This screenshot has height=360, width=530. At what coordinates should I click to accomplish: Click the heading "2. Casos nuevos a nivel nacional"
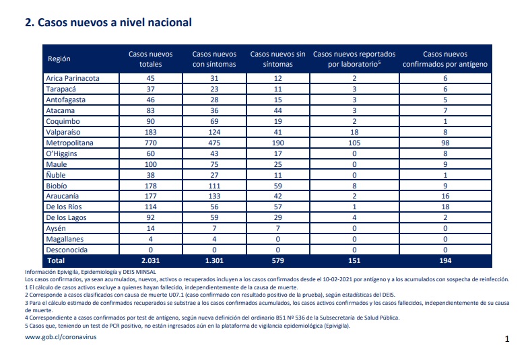click(108, 23)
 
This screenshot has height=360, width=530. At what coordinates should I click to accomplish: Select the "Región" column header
click(59, 59)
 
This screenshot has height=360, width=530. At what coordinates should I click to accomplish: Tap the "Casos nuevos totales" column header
click(150, 59)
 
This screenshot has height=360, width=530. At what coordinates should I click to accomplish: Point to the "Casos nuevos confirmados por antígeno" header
click(445, 59)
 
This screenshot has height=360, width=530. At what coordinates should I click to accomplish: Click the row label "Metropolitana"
click(69, 143)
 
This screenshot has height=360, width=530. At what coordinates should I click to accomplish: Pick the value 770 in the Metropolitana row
click(150, 143)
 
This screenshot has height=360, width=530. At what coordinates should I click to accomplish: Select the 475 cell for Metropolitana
click(214, 143)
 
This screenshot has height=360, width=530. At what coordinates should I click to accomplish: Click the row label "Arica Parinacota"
click(73, 78)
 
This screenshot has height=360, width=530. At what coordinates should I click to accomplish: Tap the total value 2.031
click(150, 260)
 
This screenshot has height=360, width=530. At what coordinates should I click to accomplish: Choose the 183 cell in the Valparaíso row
click(150, 132)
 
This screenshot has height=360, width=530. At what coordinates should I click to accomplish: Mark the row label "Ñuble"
click(56, 175)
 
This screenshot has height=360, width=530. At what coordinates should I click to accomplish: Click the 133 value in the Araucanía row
click(214, 196)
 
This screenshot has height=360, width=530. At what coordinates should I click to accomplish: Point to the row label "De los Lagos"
click(66, 218)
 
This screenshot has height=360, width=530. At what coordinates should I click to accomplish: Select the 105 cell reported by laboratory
click(354, 143)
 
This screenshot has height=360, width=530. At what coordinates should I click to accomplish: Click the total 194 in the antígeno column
click(445, 260)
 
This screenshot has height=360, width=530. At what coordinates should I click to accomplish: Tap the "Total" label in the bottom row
click(56, 260)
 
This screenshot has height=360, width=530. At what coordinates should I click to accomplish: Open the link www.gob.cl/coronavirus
click(61, 337)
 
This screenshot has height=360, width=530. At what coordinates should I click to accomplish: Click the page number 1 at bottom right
click(506, 339)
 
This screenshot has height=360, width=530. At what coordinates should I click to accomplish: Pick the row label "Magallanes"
click(65, 239)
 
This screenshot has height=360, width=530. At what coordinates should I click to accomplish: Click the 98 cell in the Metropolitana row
click(445, 143)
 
